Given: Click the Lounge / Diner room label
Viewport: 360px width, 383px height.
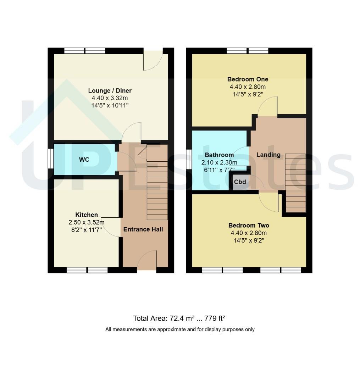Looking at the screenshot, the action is (x=110, y=91).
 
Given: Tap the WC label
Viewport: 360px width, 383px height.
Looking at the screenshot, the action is (x=84, y=160).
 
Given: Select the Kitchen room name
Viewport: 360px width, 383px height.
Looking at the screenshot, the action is (x=87, y=215).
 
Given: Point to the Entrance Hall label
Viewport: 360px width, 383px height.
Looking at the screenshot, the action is (x=143, y=229).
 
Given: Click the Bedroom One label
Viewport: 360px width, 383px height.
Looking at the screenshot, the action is (x=248, y=79).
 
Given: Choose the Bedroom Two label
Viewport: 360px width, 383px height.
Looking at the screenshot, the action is (x=249, y=226).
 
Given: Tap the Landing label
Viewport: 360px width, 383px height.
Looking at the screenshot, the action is (x=268, y=155).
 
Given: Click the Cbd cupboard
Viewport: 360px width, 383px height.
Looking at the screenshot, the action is (x=240, y=182).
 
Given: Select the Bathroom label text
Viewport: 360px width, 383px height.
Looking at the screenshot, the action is (x=219, y=155).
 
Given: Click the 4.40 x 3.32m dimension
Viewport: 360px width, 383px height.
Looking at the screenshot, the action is (x=110, y=98).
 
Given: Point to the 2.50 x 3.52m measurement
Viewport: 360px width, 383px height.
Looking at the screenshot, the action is (x=87, y=222).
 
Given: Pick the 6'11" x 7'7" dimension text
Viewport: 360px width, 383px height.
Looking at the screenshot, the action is (x=219, y=170).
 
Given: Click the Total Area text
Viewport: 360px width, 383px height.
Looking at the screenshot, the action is (x=179, y=318).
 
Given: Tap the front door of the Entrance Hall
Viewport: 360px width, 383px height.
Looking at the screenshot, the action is (x=146, y=261).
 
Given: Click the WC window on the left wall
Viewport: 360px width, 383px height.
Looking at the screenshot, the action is (x=51, y=159).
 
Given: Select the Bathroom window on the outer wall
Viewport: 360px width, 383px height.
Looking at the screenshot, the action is (x=189, y=160).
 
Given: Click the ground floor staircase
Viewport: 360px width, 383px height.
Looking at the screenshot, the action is (x=157, y=182).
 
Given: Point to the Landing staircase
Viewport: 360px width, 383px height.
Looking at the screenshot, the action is (x=295, y=183).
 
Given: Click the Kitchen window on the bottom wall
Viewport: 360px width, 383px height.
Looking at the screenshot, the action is (x=87, y=270).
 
